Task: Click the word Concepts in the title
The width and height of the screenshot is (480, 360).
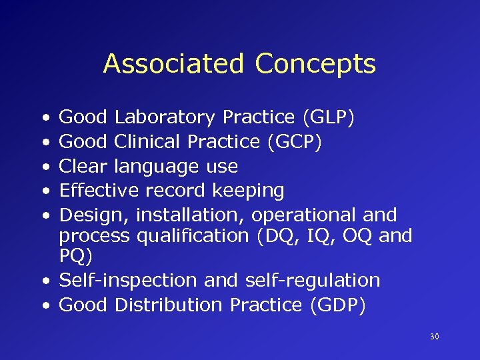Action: pos(315,64)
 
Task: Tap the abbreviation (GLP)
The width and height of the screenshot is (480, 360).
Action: pos(328,117)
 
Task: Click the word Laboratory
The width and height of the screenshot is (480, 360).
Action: pos(165,117)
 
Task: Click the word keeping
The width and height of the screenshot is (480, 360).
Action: pos(248,191)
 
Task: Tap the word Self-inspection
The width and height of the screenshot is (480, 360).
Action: pos(129,280)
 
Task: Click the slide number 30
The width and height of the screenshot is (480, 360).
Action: pos(435,337)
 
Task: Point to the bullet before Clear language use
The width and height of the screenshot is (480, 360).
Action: pos(43,167)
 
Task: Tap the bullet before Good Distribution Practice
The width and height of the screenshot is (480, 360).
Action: pos(43,305)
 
